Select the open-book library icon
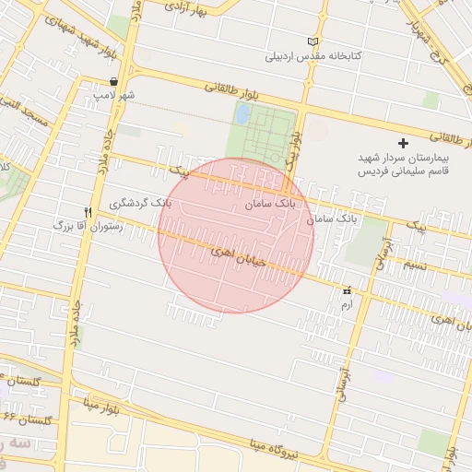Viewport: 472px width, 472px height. point(313,41)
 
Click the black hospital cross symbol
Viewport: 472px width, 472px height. point(402,143)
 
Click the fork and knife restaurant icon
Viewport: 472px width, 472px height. point(88,211)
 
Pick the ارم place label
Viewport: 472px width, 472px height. point(347,301)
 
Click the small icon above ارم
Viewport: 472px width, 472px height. point(347,289)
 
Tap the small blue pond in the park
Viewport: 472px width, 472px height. point(242,114)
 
